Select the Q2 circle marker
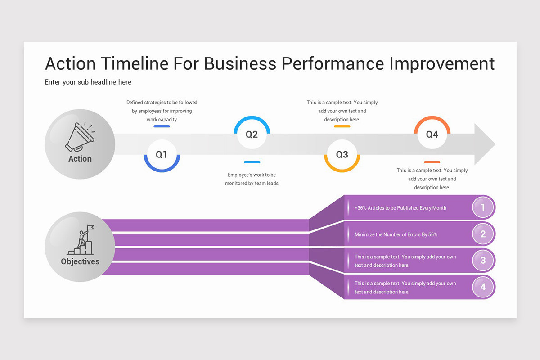[252, 134]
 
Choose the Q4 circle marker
[432, 134]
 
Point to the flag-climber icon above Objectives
[81, 240]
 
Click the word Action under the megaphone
[80, 159]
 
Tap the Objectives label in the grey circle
[80, 261]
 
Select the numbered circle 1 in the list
[483, 207]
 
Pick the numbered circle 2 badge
[483, 234]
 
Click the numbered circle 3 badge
[483, 261]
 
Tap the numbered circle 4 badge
[483, 287]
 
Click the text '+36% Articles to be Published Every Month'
[400, 208]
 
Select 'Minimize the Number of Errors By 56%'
[396, 234]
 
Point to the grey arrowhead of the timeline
[484, 144]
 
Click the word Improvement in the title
[442, 63]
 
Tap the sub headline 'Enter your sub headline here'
[88, 82]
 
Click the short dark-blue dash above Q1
[162, 126]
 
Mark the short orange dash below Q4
[432, 162]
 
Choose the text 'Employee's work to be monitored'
[252, 179]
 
